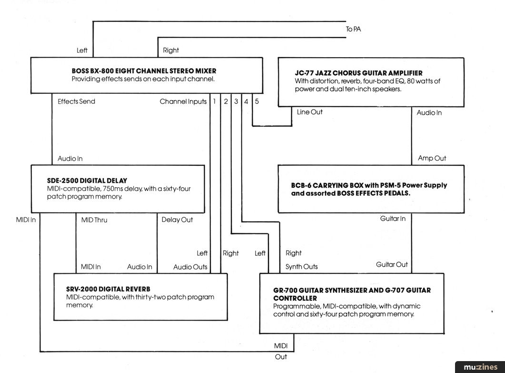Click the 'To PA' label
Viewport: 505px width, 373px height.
point(353,29)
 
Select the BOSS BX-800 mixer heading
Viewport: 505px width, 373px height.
point(144,71)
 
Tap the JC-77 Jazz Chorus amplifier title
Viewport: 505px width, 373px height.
point(358,73)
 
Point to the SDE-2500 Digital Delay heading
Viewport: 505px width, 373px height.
point(87,181)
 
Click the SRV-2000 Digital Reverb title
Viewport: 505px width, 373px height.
point(108,289)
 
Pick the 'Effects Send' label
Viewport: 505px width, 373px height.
point(76,101)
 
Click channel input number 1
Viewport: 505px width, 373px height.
point(214,101)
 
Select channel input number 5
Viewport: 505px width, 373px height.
point(257,101)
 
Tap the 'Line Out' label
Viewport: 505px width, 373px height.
point(309,112)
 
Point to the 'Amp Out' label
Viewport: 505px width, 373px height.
point(432,158)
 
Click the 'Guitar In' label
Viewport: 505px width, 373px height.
point(393,219)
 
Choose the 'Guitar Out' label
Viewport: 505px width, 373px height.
point(392,265)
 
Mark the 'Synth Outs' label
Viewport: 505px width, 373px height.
point(301,267)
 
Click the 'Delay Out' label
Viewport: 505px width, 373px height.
point(177,220)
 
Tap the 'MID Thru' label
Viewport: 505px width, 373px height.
point(94,220)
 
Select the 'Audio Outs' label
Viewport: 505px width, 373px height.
point(190,267)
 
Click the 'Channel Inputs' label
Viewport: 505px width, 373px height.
point(183,101)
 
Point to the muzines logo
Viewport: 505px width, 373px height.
point(480,367)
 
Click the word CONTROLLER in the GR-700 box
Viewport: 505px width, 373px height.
point(295,298)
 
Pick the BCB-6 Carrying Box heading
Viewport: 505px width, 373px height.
point(369,189)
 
